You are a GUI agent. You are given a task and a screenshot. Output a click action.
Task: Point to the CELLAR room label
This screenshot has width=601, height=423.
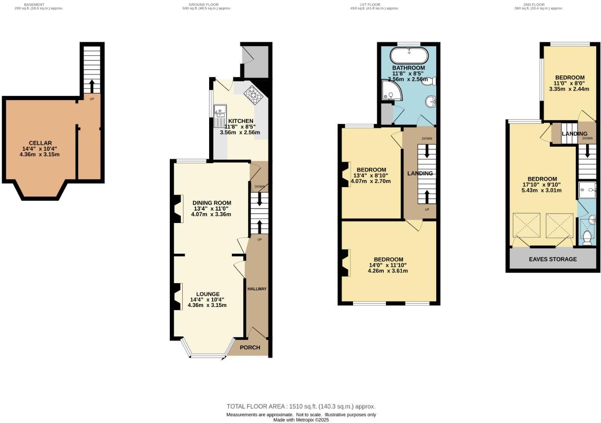pyautogui.click(x=40, y=143)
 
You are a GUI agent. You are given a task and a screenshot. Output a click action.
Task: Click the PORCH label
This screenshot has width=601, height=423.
pyautogui.click(x=250, y=347)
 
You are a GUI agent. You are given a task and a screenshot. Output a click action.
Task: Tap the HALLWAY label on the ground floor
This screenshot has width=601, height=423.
pyautogui.click(x=257, y=289)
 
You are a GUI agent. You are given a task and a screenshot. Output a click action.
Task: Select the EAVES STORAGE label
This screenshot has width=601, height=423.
pyautogui.click(x=552, y=259)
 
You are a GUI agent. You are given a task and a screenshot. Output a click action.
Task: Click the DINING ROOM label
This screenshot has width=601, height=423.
pyautogui.click(x=212, y=203)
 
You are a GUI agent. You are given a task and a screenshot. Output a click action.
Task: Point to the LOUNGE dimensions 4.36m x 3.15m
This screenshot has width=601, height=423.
pyautogui.click(x=207, y=305)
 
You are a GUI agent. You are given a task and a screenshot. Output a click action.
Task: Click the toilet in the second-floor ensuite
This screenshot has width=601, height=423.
pyautogui.click(x=587, y=237)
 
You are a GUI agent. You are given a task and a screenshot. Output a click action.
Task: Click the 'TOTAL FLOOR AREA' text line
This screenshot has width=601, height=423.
pyautogui.click(x=301, y=406)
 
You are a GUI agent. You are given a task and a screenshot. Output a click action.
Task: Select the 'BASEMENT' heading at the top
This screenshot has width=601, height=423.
pyautogui.click(x=34, y=5)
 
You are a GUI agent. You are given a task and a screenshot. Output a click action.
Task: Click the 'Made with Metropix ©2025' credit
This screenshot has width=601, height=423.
pyautogui.click(x=301, y=420)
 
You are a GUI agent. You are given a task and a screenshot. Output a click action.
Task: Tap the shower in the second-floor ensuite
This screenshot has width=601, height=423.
pyautogui.click(x=587, y=190)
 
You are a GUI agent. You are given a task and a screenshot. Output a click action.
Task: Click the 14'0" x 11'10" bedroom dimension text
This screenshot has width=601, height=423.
pyautogui.click(x=388, y=265)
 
